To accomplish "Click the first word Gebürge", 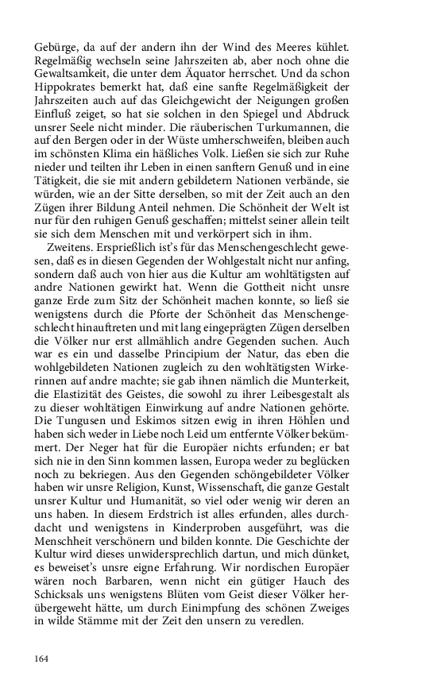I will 56,39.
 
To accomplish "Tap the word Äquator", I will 227,74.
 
